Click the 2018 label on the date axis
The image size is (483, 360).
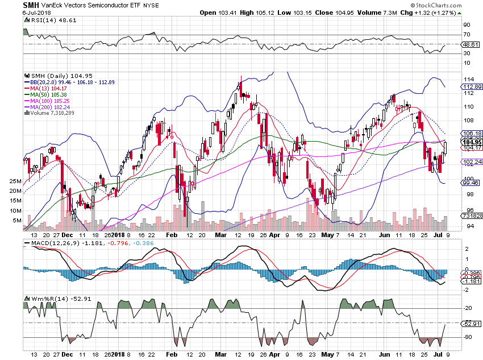[x=119, y=234]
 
